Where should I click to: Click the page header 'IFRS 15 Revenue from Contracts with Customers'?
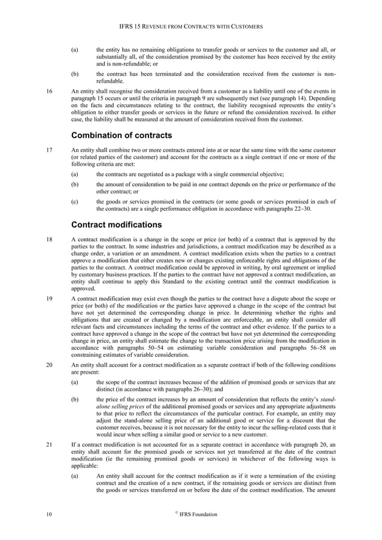(191, 28)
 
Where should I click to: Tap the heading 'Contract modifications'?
(117, 225)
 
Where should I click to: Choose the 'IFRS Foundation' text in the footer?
(197, 514)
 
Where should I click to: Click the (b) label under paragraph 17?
(75, 184)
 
